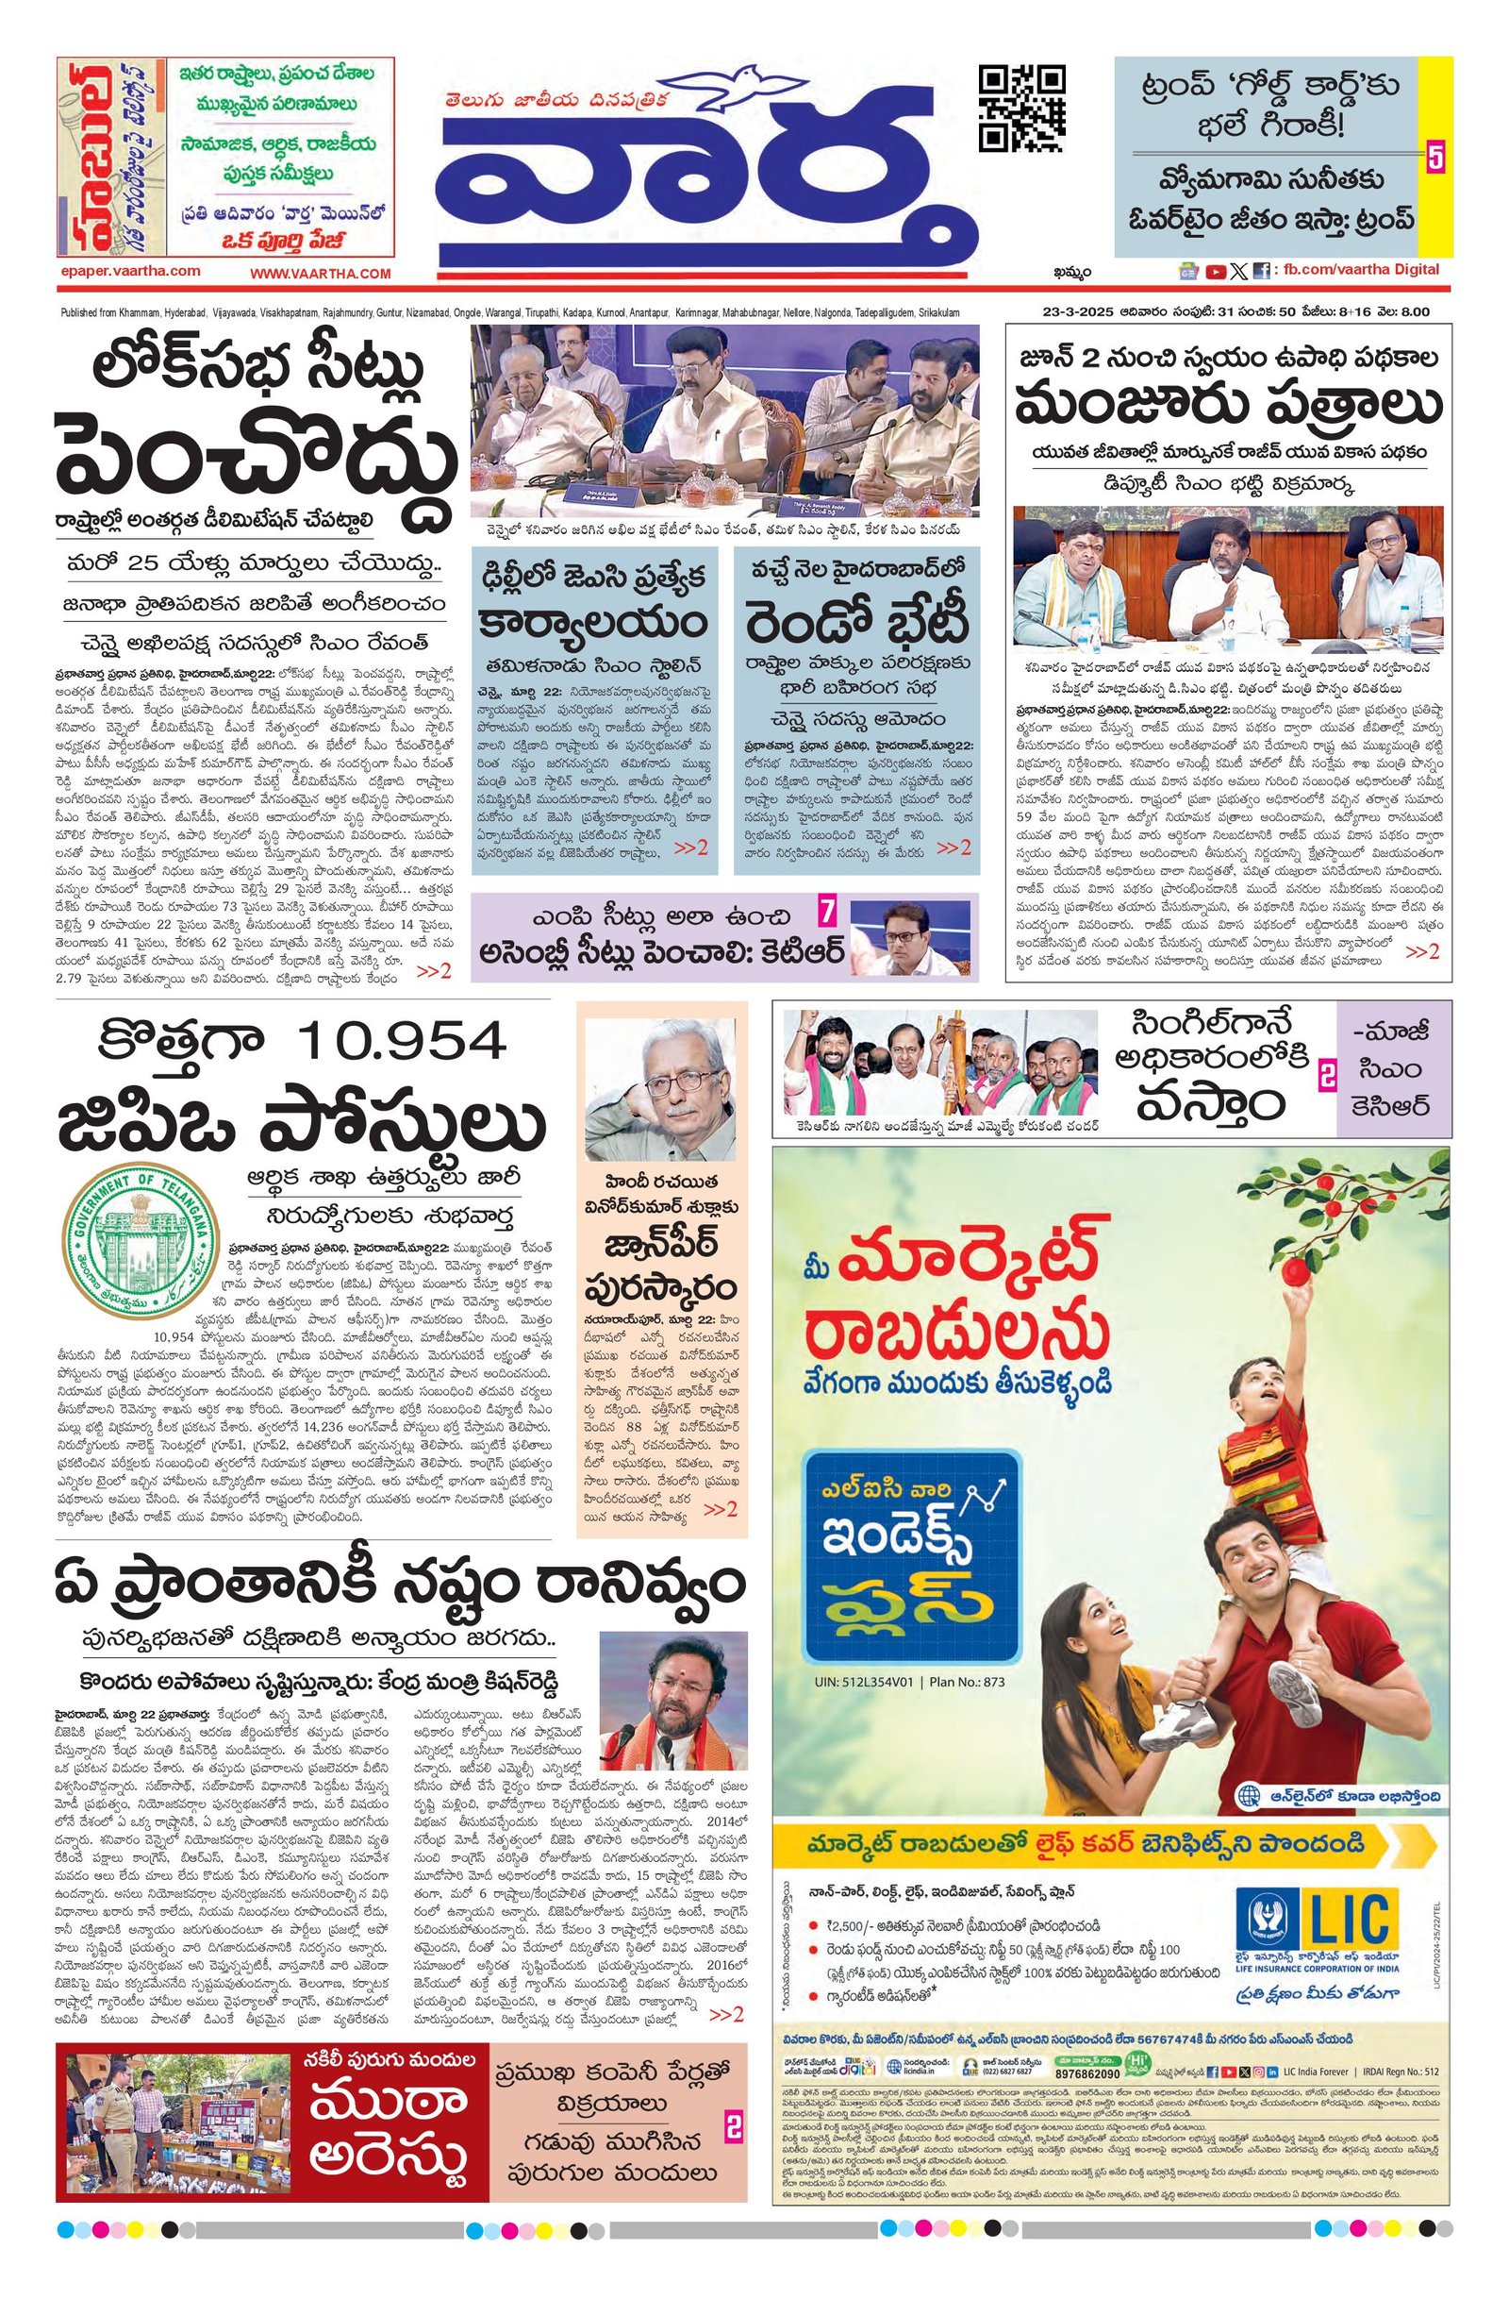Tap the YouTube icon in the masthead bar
[1216, 272]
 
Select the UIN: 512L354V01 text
[861, 1681]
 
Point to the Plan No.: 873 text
[967, 1681]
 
